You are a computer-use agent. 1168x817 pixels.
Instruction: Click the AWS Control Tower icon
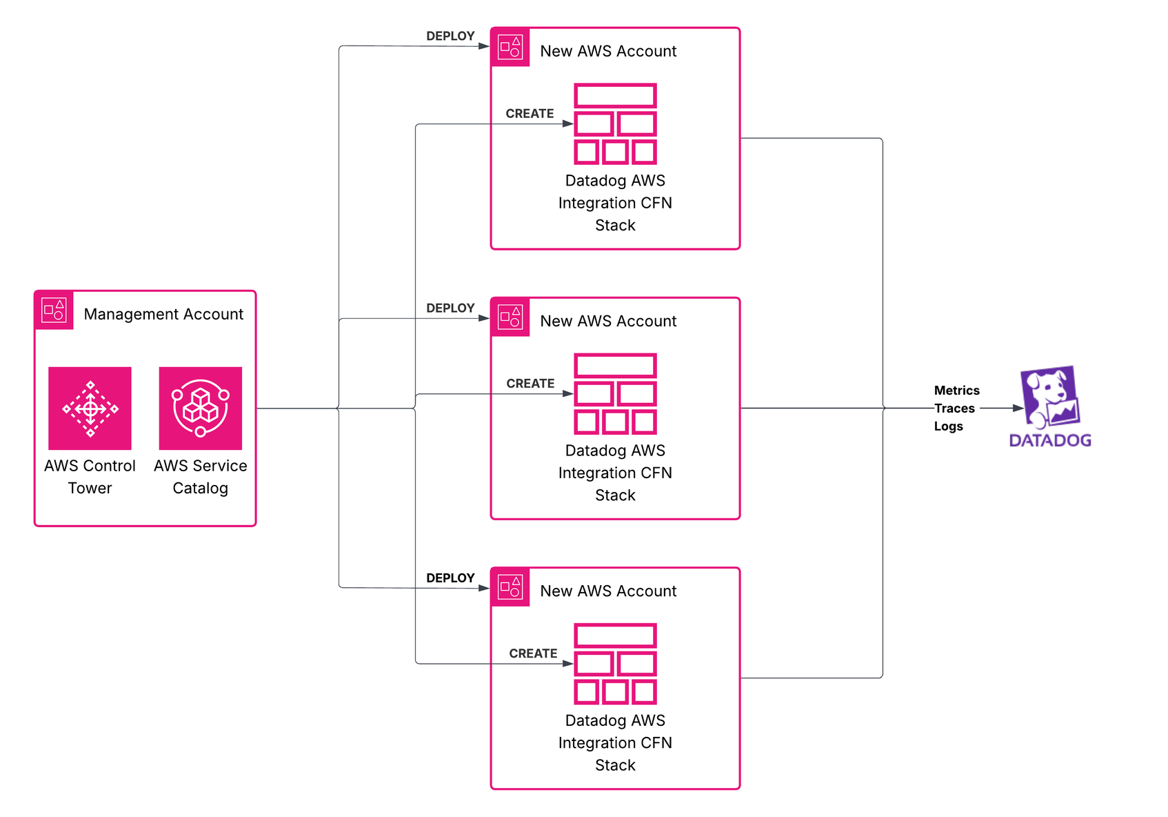pos(90,408)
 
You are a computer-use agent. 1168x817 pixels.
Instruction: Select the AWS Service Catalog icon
pos(200,408)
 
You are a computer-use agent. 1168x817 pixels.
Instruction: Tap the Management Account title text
pos(163,314)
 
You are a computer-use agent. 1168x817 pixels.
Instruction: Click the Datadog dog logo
pos(1049,397)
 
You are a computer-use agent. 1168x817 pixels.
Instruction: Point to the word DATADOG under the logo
pos(1050,440)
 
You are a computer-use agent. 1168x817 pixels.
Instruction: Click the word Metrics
pos(956,391)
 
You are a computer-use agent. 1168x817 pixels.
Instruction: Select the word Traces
pos(954,408)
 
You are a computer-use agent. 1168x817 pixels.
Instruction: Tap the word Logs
pos(948,426)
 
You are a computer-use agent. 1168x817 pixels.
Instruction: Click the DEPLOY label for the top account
pos(450,36)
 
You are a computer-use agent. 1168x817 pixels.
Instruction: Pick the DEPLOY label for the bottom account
pos(450,578)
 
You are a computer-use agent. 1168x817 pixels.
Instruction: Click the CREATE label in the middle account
pos(530,383)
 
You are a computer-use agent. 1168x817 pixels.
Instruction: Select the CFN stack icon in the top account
pos(615,124)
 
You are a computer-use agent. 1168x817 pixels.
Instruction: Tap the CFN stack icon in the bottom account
pos(615,664)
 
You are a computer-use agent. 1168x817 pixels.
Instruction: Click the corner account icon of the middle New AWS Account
pos(510,317)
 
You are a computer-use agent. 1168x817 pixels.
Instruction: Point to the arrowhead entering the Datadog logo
pos(1018,408)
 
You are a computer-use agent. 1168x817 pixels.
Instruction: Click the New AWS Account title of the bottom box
pos(608,591)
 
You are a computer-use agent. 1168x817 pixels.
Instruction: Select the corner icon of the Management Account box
pos(54,310)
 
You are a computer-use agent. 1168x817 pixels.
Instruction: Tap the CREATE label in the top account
pos(530,113)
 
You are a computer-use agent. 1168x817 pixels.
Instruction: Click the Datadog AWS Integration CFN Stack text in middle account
pos(615,473)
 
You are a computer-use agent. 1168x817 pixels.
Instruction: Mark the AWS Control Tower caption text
pos(90,477)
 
